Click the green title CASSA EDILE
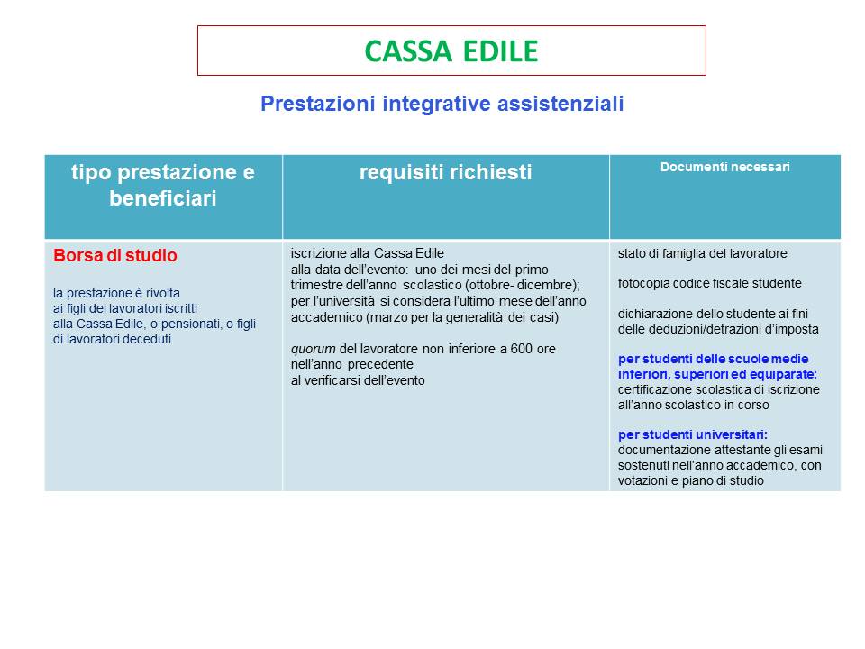451,51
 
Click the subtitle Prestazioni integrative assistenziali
442,104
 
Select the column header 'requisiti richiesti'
446,172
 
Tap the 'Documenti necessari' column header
724,168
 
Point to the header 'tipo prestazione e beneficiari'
163,186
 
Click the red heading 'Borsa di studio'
115,255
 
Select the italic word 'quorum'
313,350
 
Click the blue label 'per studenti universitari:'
692,434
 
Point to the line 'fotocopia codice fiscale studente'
709,284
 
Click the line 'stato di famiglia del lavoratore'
702,254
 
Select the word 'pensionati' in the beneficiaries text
190,324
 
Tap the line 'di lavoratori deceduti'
112,340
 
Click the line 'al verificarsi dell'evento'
358,380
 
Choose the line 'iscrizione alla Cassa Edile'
368,253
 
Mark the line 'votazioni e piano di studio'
691,480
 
